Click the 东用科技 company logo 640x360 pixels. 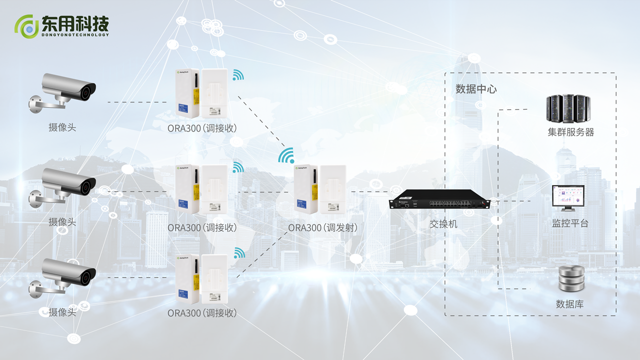tap(61, 25)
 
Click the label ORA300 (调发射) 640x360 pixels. tap(322, 228)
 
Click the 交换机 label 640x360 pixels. tap(443, 224)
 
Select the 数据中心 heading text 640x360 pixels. tap(476, 89)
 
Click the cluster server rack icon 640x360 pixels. tap(566, 108)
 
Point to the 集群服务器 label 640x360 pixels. tap(570, 132)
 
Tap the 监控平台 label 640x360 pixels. tap(570, 223)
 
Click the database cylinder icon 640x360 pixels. tap(570, 280)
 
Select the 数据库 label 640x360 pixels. tap(569, 304)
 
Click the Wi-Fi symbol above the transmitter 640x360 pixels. tap(286, 156)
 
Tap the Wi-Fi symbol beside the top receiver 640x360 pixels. tap(238, 75)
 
